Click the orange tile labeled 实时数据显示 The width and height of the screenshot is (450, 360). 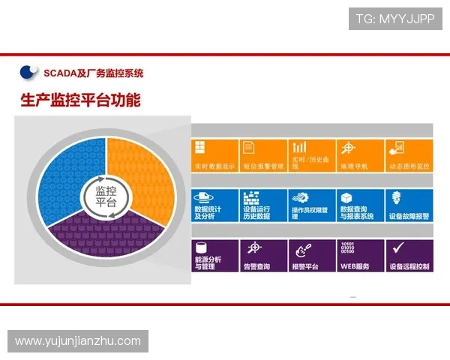(214, 156)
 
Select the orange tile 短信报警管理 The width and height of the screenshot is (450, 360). (262, 156)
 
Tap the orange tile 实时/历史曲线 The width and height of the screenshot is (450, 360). (311, 156)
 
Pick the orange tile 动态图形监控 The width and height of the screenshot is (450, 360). (409, 156)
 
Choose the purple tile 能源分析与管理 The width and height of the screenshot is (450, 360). (214, 256)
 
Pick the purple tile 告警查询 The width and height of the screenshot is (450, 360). (262, 256)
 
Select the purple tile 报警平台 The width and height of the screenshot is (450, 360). (311, 256)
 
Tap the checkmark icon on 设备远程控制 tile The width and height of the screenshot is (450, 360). (398, 247)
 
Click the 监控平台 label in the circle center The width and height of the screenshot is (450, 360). (106, 197)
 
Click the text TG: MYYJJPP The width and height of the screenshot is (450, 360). (395, 19)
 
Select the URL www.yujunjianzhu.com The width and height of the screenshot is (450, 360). (78, 341)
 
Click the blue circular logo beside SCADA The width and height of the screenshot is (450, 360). (29, 73)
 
